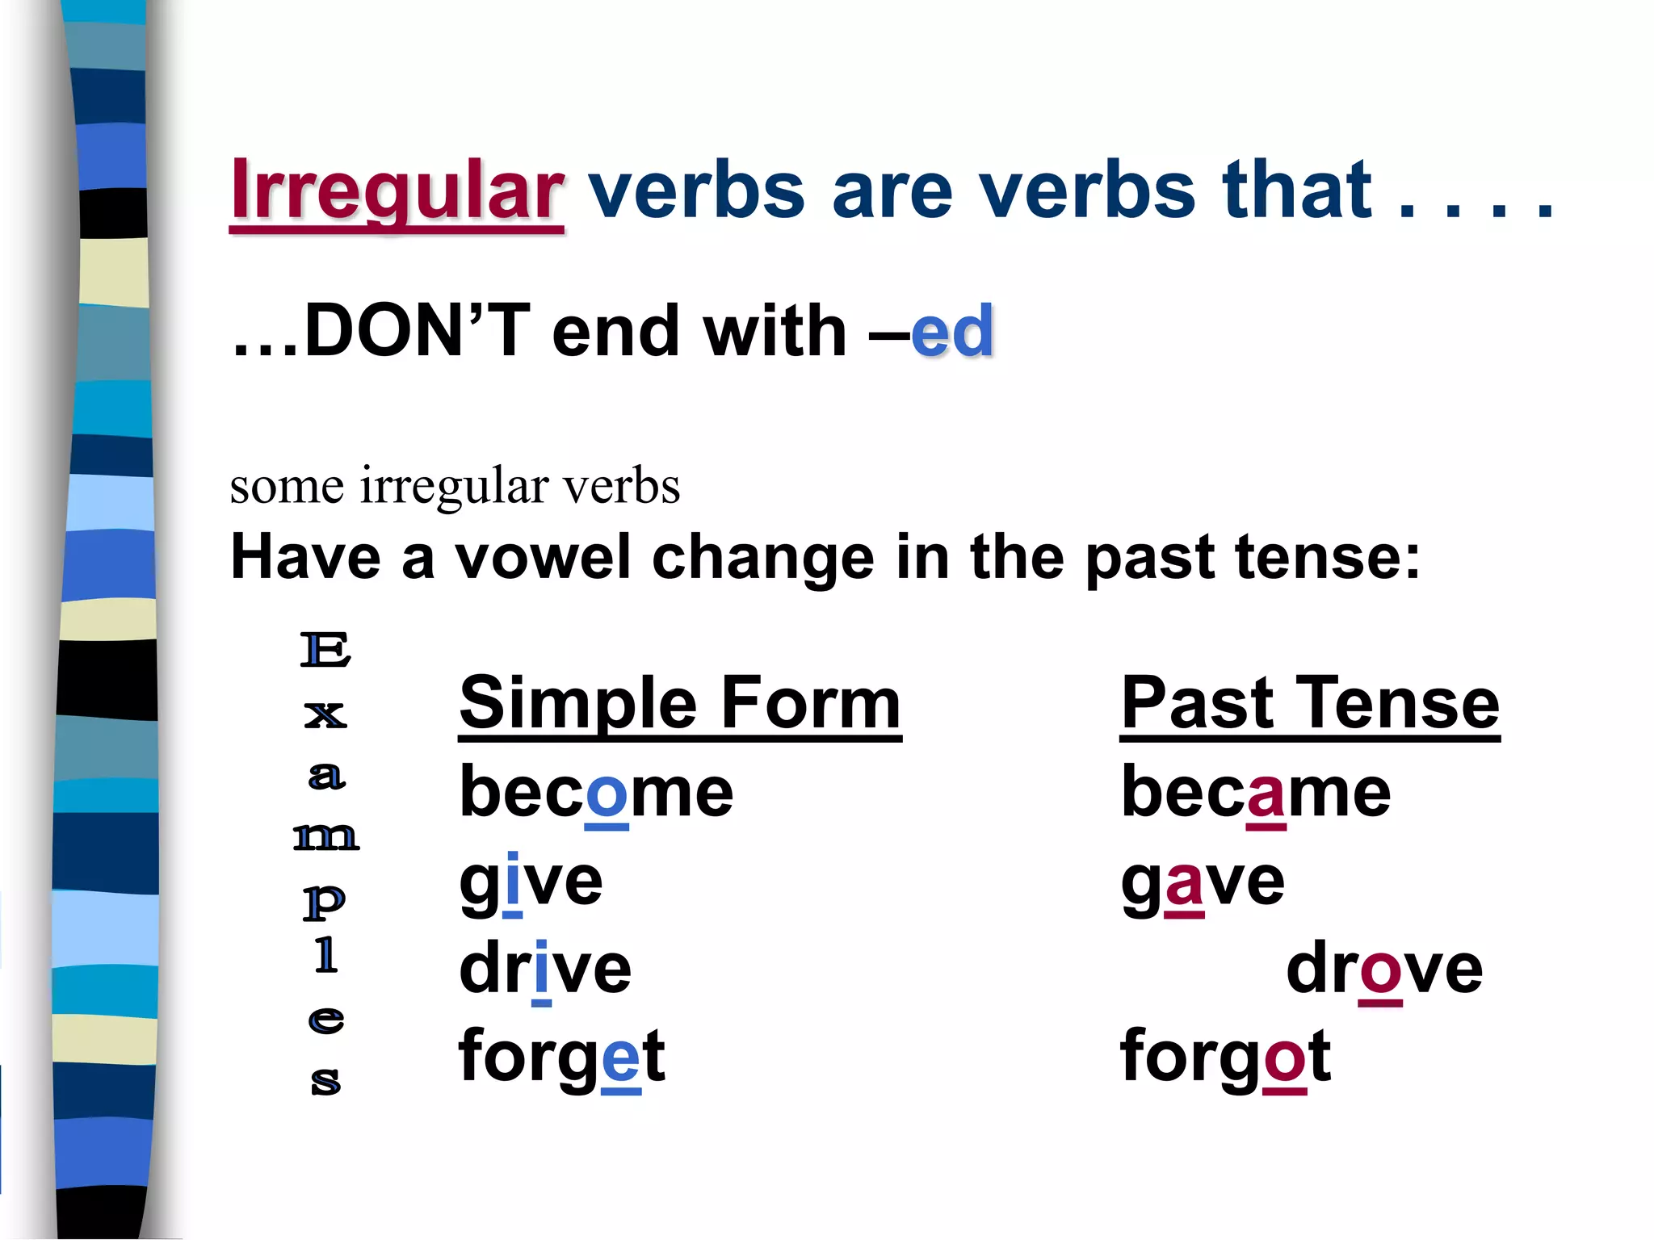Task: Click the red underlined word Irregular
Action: (x=397, y=191)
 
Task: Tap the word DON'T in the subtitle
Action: (x=418, y=331)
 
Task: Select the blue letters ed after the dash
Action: (x=952, y=331)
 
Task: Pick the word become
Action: (x=596, y=792)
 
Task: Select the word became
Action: (x=1256, y=792)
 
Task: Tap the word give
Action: (x=531, y=881)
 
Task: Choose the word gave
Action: (x=1203, y=881)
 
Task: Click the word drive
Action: (x=545, y=969)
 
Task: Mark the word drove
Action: (x=1384, y=969)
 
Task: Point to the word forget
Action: (x=561, y=1057)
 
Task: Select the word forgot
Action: (x=1225, y=1057)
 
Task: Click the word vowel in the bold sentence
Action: (x=543, y=557)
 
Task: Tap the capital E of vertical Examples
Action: (x=325, y=651)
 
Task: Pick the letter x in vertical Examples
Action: (x=325, y=714)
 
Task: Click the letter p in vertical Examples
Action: (x=325, y=901)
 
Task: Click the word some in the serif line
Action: (x=287, y=487)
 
